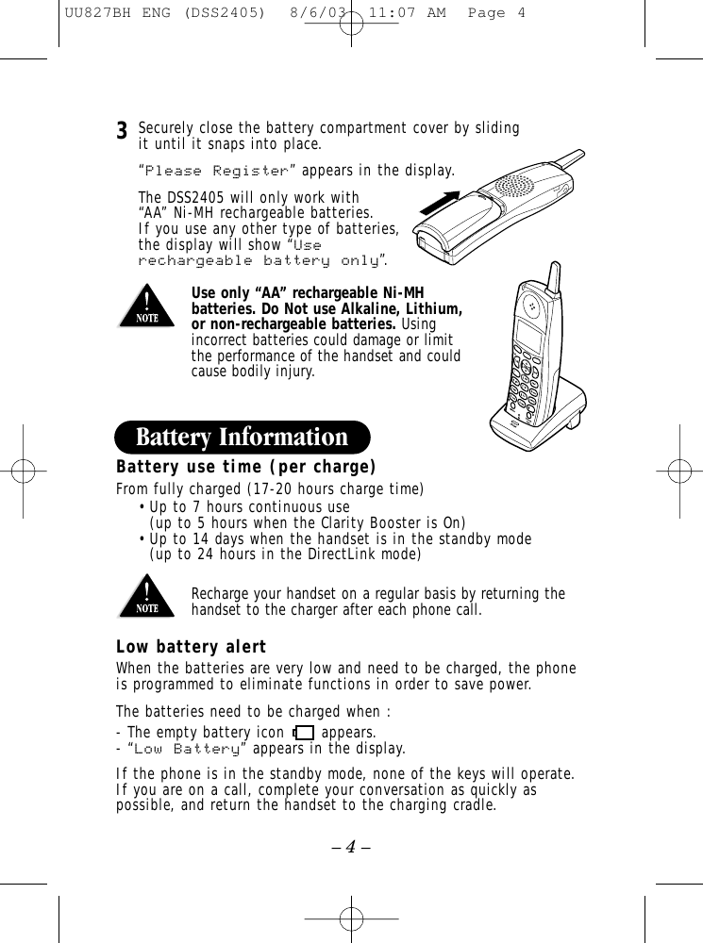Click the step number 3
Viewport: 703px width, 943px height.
[122, 130]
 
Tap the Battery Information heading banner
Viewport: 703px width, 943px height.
[242, 438]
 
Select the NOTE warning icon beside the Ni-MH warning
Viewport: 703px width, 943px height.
[145, 309]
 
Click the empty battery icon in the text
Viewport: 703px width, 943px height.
[303, 732]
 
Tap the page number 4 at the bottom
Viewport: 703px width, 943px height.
[351, 846]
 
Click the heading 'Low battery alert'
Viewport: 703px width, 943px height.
[191, 648]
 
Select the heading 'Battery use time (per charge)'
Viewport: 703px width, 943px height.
[245, 468]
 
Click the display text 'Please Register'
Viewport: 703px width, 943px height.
[216, 171]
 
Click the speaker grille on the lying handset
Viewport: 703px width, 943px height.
[516, 185]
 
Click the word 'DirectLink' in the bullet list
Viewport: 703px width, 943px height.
[344, 554]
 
